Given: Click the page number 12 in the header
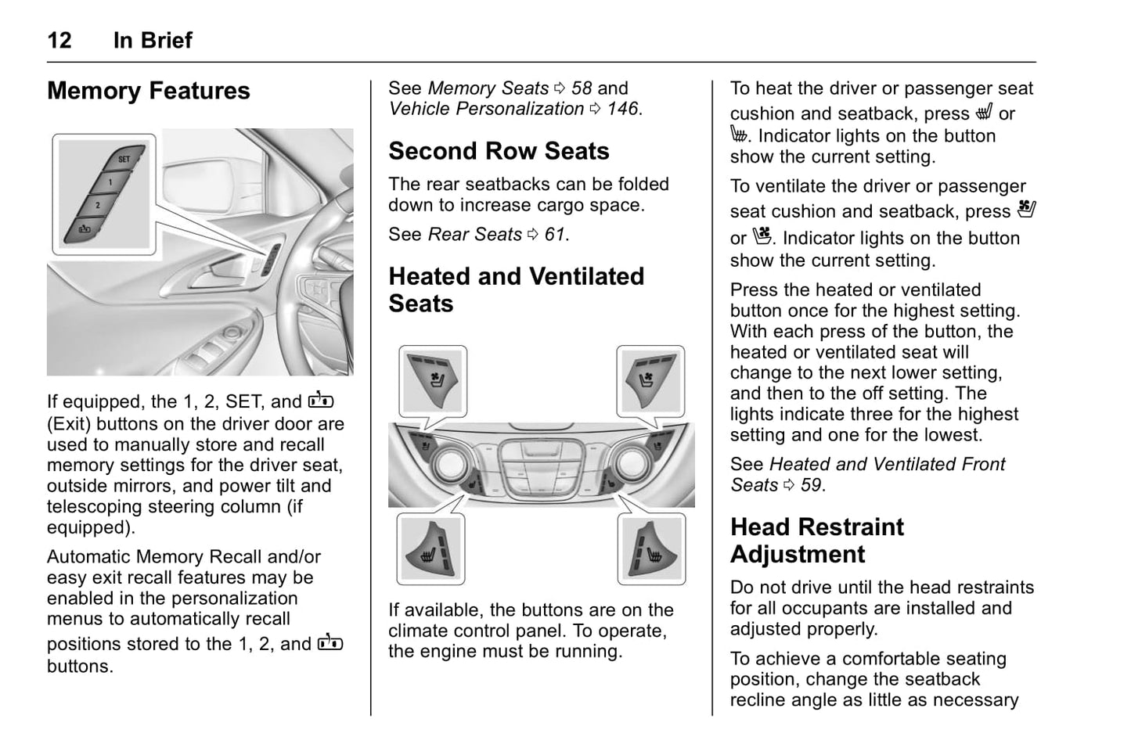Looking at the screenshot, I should tap(59, 40).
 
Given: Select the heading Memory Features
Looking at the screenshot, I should tap(148, 91).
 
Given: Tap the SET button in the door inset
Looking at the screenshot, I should tap(123, 159).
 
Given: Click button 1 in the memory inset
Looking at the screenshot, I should tap(110, 182).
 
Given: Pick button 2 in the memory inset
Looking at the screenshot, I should tap(98, 205).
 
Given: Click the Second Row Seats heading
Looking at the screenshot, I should tap(499, 151).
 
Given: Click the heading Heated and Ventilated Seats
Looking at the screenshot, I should tap(516, 289).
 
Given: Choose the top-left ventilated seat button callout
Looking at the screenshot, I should tap(433, 380).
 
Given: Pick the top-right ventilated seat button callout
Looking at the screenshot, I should tap(650, 380).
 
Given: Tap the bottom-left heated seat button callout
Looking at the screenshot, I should tap(431, 549).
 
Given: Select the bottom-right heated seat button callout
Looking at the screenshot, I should tap(651, 549).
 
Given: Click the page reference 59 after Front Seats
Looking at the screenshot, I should tap(811, 485).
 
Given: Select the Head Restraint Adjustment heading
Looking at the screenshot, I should tap(816, 541).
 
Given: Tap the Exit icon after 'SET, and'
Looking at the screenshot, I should tap(321, 401).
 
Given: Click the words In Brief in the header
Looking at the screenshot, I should tap(153, 40).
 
